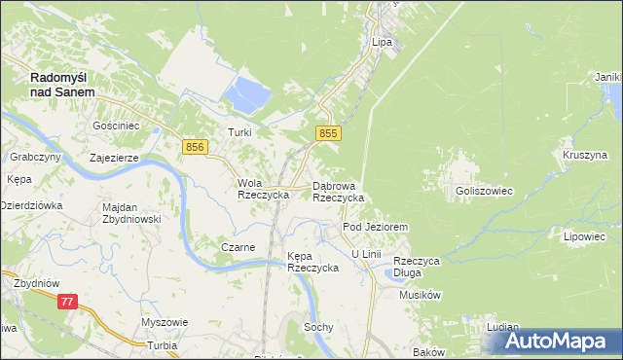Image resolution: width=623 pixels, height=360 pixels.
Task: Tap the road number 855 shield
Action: tap(327, 133)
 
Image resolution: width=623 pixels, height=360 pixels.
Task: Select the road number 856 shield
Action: tap(195, 146)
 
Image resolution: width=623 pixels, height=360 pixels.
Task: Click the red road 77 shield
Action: tap(67, 302)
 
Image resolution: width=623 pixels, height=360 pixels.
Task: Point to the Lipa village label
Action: tap(382, 43)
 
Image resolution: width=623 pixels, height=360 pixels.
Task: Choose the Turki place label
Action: tap(239, 132)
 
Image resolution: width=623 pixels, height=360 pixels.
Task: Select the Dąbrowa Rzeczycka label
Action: tap(338, 191)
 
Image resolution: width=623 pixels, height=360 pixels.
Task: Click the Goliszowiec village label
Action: tap(484, 192)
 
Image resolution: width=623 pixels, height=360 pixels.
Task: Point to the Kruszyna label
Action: tap(584, 155)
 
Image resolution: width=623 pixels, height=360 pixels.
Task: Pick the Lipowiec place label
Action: tap(584, 236)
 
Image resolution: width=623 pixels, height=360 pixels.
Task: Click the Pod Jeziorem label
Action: tap(374, 227)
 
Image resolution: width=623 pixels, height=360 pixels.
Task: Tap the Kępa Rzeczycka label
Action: tap(311, 262)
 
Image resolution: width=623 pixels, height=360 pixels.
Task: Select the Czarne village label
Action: tap(238, 247)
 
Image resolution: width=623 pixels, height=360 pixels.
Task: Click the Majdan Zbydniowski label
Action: tap(130, 213)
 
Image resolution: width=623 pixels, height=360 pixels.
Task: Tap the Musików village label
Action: tap(421, 295)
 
